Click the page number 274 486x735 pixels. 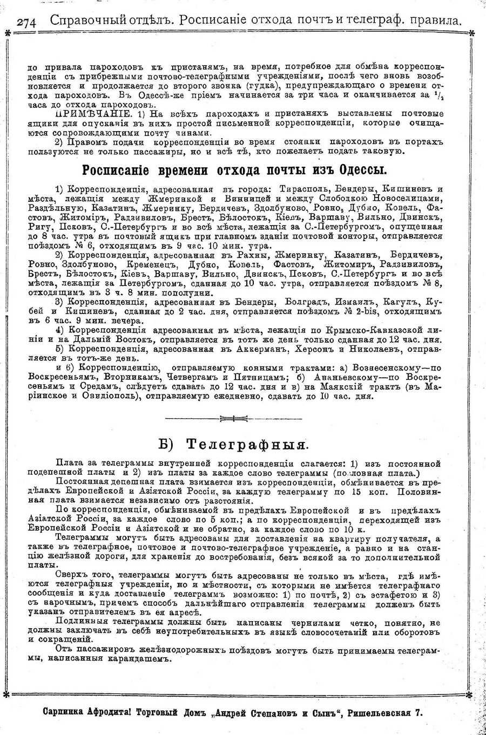[26, 22]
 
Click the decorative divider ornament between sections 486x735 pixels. [233, 417]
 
